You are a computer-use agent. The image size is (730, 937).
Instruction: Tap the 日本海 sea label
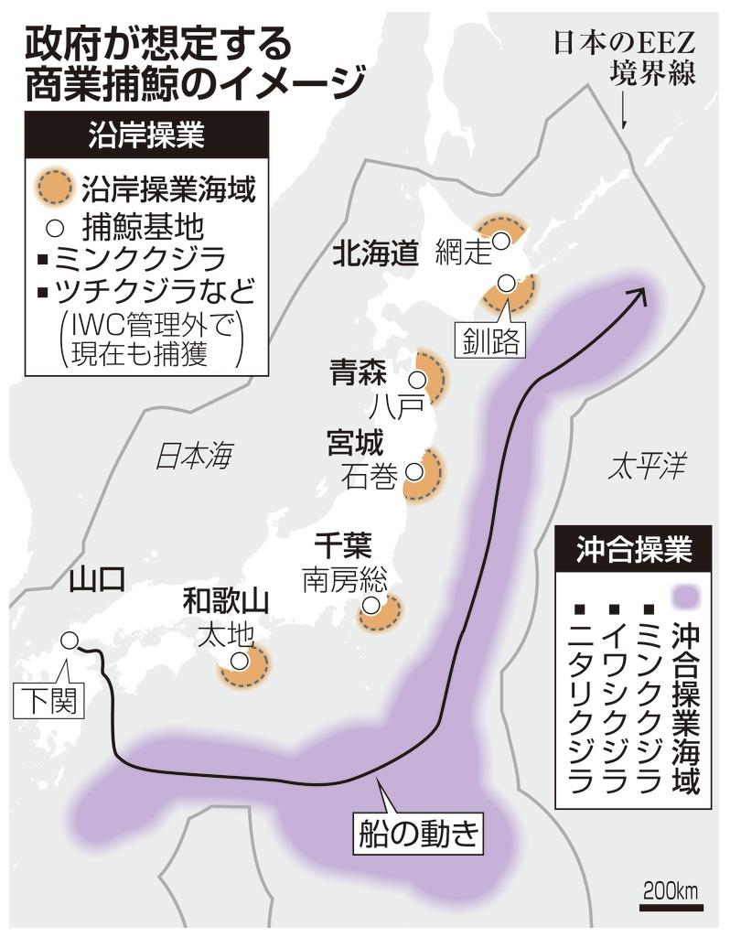[194, 455]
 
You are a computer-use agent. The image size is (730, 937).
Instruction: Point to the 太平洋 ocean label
[646, 468]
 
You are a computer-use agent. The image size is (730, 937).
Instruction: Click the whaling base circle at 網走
[501, 241]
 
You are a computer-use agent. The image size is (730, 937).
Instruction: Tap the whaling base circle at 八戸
[419, 379]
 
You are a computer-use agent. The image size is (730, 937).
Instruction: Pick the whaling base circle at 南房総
[370, 606]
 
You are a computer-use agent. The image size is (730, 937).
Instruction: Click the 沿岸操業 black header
[146, 136]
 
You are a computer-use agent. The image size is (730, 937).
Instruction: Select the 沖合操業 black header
[633, 550]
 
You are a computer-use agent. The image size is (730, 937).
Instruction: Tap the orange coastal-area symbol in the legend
[53, 189]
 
